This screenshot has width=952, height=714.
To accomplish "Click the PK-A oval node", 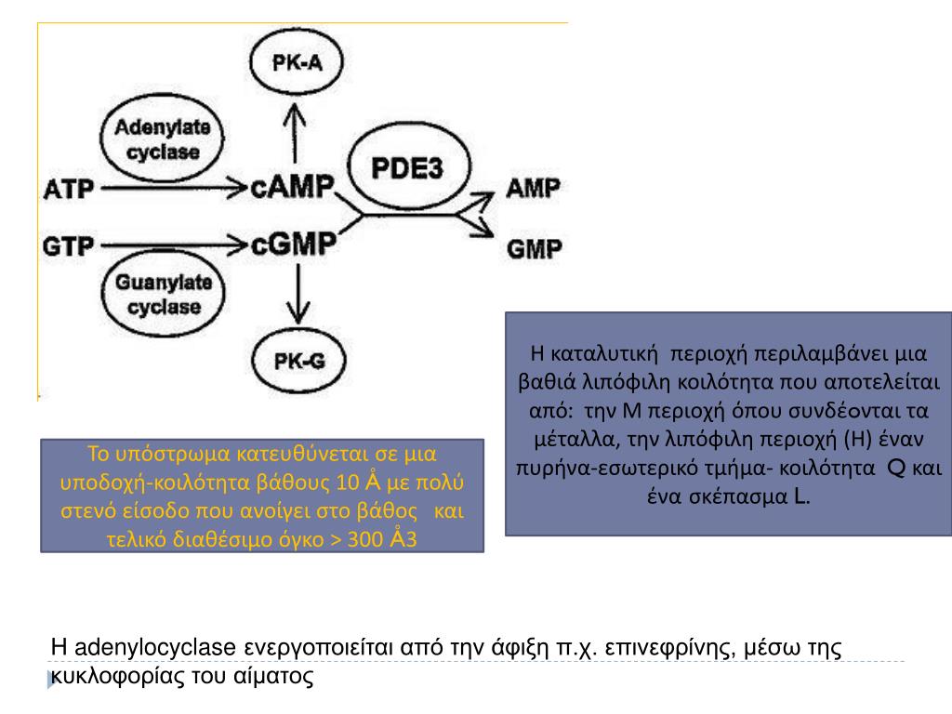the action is click(297, 63).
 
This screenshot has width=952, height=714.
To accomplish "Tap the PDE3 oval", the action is click(406, 170).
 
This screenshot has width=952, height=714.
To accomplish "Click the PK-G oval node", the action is click(297, 361).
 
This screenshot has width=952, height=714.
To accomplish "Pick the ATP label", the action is click(69, 190).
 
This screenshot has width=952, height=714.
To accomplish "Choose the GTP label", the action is click(69, 246).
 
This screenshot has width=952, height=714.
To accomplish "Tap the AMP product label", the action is click(533, 189).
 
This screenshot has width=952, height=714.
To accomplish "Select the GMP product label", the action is click(534, 248).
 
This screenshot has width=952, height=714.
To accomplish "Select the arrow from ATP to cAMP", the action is click(172, 190).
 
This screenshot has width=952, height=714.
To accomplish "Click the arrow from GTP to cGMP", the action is click(172, 246).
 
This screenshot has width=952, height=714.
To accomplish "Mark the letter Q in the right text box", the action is click(897, 467).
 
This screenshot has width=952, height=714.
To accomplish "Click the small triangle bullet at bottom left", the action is click(52, 681).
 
